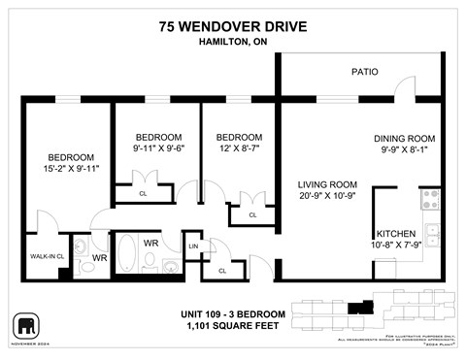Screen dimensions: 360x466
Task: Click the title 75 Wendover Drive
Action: (x=232, y=26)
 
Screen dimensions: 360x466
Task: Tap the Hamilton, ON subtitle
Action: (x=232, y=43)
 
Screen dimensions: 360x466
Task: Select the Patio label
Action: (x=365, y=72)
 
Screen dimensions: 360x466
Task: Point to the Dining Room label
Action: (x=407, y=138)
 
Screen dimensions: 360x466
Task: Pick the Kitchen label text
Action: (x=396, y=234)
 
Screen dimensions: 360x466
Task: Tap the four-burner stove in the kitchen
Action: (x=429, y=200)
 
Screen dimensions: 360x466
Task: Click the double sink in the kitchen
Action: (x=433, y=235)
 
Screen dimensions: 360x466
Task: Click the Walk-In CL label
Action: (x=47, y=256)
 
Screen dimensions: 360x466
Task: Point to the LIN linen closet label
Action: (x=194, y=247)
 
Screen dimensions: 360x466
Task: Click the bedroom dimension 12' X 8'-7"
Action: (x=239, y=149)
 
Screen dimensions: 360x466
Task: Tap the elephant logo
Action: (x=23, y=324)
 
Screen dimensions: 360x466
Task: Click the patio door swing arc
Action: (x=407, y=88)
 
